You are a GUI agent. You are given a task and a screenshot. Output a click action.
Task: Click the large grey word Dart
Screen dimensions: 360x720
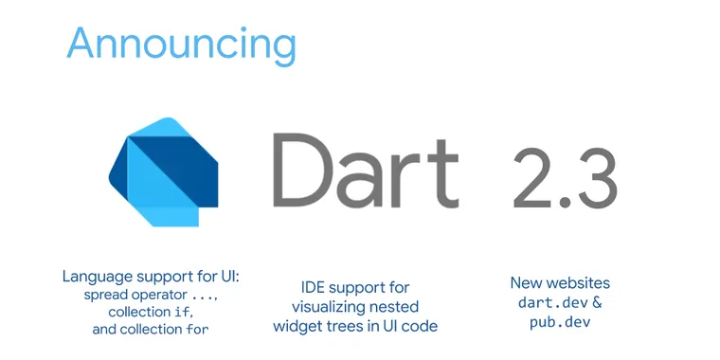(366, 171)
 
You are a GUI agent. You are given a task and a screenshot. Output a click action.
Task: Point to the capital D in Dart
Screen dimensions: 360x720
(301, 171)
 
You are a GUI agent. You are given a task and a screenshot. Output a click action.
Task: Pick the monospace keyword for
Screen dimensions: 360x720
(197, 329)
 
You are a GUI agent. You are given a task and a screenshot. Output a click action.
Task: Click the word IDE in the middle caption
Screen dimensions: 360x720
(313, 287)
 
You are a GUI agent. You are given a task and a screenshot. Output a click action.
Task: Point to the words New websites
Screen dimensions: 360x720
(560, 283)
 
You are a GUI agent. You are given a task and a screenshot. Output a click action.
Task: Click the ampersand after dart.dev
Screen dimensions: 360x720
(597, 302)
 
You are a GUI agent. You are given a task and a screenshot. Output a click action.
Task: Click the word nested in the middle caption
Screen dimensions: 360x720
(391, 306)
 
